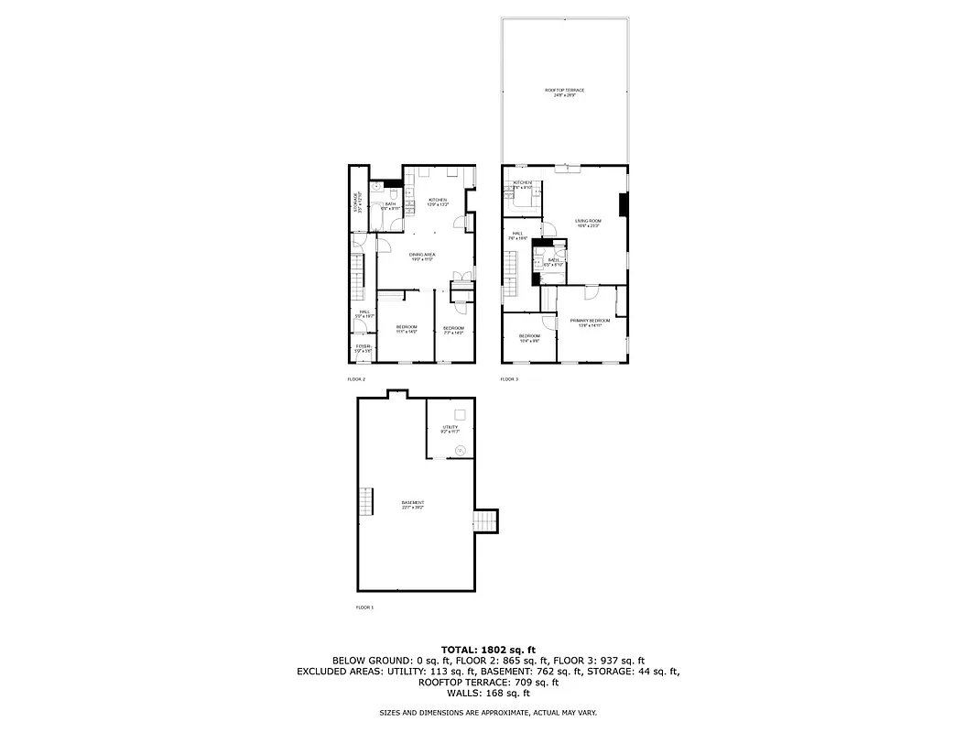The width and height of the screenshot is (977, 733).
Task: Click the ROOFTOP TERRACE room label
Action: [564, 92]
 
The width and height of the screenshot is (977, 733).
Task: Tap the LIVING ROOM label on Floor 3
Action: [587, 223]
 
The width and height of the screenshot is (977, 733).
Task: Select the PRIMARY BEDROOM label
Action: [590, 322]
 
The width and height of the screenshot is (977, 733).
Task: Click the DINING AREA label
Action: [422, 257]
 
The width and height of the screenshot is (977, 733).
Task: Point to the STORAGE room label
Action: [358, 202]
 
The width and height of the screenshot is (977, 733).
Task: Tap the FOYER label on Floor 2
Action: [364, 347]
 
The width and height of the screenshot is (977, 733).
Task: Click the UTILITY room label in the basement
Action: [450, 428]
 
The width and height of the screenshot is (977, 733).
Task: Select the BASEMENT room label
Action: [413, 504]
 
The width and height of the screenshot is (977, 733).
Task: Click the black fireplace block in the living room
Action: [624, 206]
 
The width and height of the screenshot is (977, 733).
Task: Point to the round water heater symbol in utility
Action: [461, 449]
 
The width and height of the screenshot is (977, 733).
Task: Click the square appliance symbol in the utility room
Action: [462, 415]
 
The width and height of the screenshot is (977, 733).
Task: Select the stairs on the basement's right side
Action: [484, 521]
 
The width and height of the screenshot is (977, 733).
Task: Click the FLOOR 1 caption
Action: [364, 607]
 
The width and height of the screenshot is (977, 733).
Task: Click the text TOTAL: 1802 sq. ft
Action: [488, 648]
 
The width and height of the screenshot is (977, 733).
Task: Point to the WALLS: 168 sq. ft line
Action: [488, 693]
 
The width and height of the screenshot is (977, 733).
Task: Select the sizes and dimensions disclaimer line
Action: [488, 712]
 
